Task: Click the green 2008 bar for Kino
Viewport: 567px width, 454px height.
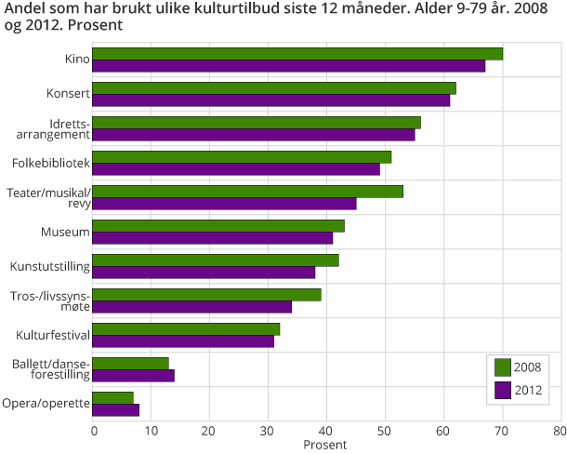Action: [297, 53]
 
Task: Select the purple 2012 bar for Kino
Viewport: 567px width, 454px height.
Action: [289, 65]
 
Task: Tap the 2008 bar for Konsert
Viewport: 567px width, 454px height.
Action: [274, 87]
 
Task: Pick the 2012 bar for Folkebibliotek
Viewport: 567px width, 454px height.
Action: [236, 168]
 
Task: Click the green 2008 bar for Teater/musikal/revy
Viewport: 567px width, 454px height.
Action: [247, 191]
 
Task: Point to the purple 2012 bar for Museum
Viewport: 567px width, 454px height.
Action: [213, 237]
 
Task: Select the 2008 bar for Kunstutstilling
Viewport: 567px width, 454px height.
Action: [216, 260]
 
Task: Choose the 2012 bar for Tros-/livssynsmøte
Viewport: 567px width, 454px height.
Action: [192, 306]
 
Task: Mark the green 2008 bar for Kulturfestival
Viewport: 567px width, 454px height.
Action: [186, 328]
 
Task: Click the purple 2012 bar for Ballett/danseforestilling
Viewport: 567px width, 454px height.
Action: [134, 375]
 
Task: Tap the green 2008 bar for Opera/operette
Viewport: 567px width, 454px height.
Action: [113, 397]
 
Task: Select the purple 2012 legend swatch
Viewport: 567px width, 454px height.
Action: [503, 390]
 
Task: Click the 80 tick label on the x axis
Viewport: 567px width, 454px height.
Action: [559, 431]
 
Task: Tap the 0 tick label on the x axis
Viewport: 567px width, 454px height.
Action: [94, 431]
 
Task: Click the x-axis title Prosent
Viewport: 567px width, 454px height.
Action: [325, 446]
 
